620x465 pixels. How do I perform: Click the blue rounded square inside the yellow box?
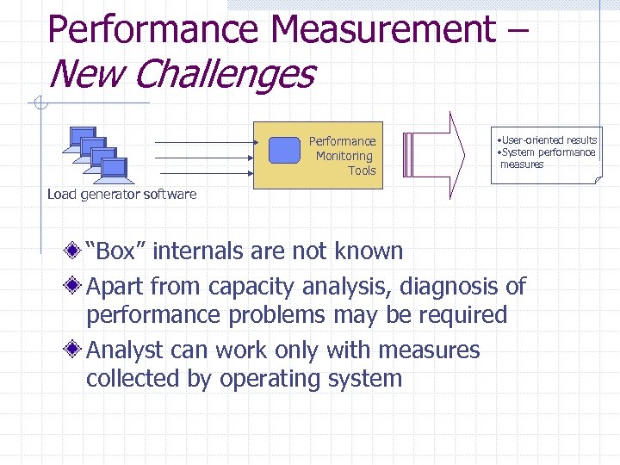pos(284,150)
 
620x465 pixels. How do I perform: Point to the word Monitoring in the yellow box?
pos(344,156)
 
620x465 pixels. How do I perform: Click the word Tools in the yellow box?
pos(362,170)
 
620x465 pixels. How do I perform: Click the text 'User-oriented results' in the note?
pos(549,139)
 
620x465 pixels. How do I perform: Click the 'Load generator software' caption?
pos(121,194)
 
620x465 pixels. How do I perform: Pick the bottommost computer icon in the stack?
pos(113,169)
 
